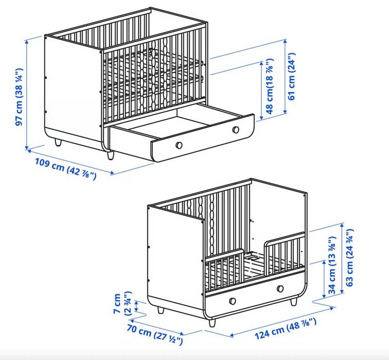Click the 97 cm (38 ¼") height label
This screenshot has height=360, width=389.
pos(19,97)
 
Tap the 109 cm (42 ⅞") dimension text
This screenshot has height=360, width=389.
pos(65,169)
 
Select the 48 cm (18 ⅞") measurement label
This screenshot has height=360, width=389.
pos(270,86)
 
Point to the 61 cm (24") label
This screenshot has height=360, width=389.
pos(292,76)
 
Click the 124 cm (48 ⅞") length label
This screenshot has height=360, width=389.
pos(286,329)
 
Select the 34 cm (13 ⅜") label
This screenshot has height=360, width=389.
pos(332,265)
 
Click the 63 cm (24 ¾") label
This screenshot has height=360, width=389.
pos(349,258)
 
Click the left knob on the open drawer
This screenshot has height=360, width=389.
pos(179,145)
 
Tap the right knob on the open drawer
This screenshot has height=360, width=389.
pos(236,130)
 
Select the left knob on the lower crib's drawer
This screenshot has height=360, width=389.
pos(233,301)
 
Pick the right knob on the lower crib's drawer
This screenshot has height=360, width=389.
pos(280,288)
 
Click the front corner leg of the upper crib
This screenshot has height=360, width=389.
pos(110,155)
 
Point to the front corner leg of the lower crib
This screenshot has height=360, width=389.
pos(212,322)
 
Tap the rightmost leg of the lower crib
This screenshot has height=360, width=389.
pos(293,302)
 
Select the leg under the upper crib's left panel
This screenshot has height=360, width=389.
pos(58,143)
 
